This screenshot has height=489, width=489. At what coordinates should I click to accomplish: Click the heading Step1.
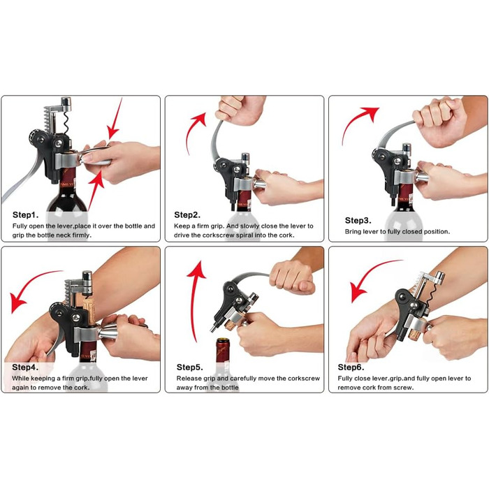pyautogui.click(x=26, y=215)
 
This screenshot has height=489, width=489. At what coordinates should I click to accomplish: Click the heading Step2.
pyautogui.click(x=187, y=215)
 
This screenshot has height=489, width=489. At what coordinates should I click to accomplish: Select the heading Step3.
pyautogui.click(x=358, y=221)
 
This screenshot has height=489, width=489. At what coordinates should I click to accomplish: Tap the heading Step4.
pyautogui.click(x=25, y=367)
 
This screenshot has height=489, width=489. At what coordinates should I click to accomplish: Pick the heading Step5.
pyautogui.click(x=189, y=367)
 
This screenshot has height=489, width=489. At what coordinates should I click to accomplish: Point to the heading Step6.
pyautogui.click(x=351, y=367)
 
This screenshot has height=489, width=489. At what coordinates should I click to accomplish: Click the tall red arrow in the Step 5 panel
pyautogui.click(x=195, y=300)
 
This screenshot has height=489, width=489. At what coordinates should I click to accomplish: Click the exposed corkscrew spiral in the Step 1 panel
pyautogui.click(x=66, y=122)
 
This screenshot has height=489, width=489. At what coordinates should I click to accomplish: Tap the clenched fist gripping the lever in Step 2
pyautogui.click(x=240, y=110)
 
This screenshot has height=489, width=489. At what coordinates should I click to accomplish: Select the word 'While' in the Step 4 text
pyautogui.click(x=20, y=379)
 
